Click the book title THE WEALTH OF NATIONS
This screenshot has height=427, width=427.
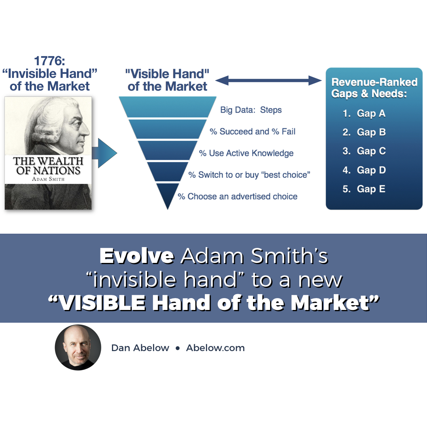(48, 166)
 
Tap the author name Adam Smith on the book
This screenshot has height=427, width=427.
(48, 178)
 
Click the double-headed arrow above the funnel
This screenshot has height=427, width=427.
(269, 81)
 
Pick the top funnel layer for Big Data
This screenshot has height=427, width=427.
(168, 107)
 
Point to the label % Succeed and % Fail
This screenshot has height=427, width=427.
(253, 131)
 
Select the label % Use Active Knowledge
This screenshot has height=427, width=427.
(246, 153)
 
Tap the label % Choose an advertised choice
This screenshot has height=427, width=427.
(238, 196)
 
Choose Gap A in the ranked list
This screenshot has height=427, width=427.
(371, 113)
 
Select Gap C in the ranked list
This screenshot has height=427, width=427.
(371, 151)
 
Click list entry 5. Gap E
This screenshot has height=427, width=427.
(364, 189)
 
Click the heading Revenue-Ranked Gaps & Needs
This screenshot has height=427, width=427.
(374, 88)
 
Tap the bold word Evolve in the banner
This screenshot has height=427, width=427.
(137, 256)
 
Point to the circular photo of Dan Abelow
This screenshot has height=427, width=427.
(78, 348)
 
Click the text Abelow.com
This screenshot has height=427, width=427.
(215, 348)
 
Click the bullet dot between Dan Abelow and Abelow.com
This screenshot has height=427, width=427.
(178, 348)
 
